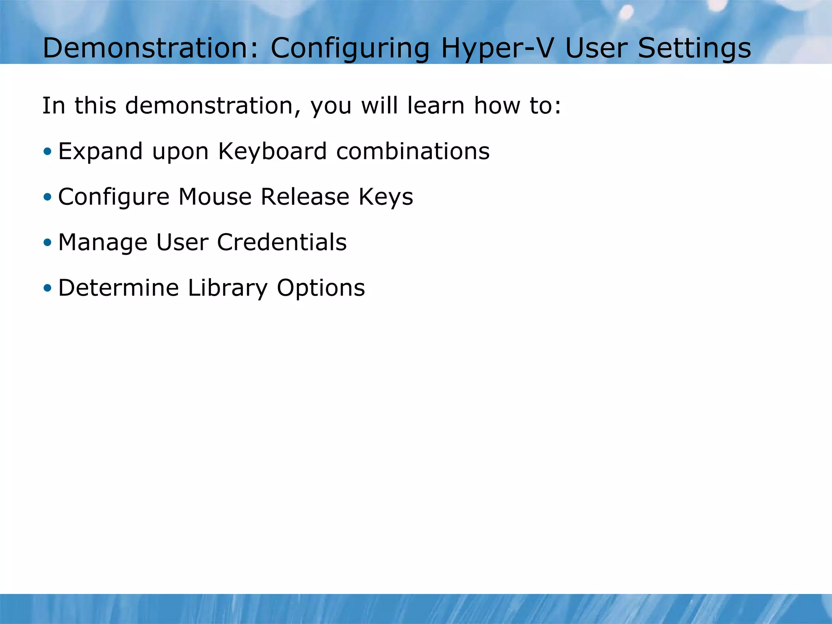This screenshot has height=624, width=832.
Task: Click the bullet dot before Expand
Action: [48, 152]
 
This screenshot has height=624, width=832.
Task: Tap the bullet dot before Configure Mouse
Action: [48, 197]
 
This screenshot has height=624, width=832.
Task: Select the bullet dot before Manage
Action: [48, 243]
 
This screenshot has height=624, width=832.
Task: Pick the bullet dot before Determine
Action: [48, 288]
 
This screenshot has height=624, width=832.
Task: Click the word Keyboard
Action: [272, 152]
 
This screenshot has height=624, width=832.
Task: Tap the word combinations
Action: [413, 152]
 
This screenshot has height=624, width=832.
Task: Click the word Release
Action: [305, 197]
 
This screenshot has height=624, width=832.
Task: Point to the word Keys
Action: [386, 198]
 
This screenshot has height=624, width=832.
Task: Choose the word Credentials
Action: [282, 243]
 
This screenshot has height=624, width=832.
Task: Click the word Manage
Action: [103, 243]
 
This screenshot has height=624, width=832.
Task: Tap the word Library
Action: [227, 289]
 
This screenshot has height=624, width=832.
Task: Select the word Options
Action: [321, 289]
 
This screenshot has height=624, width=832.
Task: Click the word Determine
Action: [118, 288]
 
